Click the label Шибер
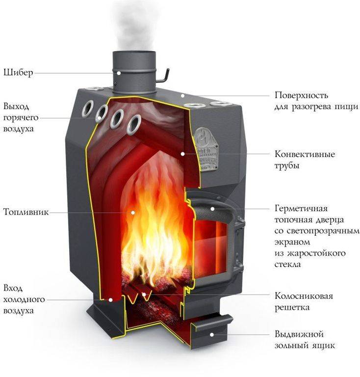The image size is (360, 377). coord(18,73)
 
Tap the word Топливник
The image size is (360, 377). coord(26,212)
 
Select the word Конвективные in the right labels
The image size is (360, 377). coord(305,154)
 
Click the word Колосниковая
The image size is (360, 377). coord(304,296)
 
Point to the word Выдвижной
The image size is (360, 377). coord(299,334)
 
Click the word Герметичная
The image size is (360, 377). coord(301,209)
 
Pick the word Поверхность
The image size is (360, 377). coord(302,95)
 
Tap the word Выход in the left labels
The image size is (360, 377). coord(16,107)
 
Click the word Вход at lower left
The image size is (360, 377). coord(13,288)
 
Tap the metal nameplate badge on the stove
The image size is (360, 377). coord(206,149)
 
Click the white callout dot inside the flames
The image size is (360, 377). coord(133,212)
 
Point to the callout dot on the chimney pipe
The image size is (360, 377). coord(119,73)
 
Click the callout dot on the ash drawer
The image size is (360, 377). coord(211,334)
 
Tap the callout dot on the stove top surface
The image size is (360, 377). coord(182,96)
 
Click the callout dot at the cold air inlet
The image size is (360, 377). coord(110,300)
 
